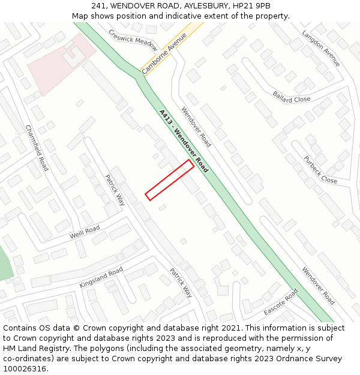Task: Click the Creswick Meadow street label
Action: pyautogui.click(x=133, y=40)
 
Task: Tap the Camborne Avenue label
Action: pyautogui.click(x=164, y=53)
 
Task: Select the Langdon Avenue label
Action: pyautogui.click(x=321, y=49)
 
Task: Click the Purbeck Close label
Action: pyautogui.click(x=320, y=170)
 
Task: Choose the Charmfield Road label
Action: pyautogui.click(x=37, y=148)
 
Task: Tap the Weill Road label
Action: pyautogui.click(x=85, y=232)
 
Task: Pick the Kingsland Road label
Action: pyautogui.click(x=101, y=277)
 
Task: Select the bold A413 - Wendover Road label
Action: pyautogui.click(x=184, y=140)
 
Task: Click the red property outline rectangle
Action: pyautogui.click(x=169, y=180)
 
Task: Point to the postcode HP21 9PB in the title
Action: pyautogui.click(x=254, y=6)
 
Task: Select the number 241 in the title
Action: pyautogui.click(x=99, y=6)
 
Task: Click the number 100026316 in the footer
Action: pyautogui.click(x=25, y=369)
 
